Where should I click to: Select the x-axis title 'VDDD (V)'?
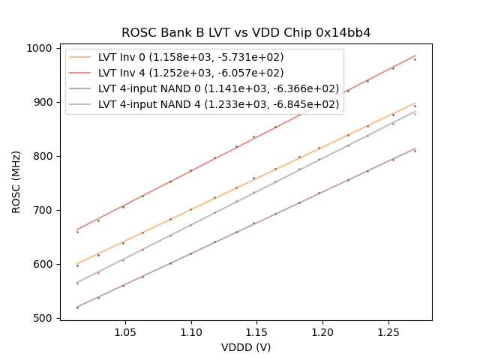coord(246,347)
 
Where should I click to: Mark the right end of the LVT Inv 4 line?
coord(415,55)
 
